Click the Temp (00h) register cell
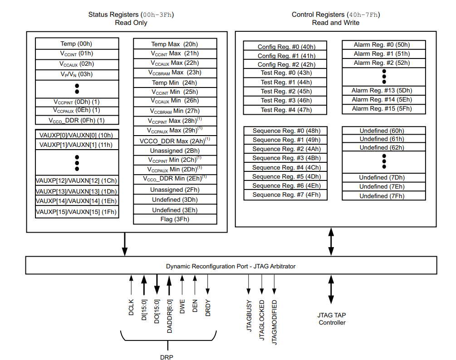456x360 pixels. click(x=77, y=44)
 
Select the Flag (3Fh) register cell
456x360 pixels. click(x=175, y=219)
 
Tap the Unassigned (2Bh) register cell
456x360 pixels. click(x=175, y=151)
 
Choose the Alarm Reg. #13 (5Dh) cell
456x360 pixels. click(x=383, y=90)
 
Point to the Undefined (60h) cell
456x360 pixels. click(x=383, y=131)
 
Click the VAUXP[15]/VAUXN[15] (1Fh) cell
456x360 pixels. click(x=77, y=212)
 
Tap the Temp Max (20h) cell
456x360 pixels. click(x=175, y=44)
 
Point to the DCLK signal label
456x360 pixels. click(x=131, y=308)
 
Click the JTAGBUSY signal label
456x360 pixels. click(x=249, y=316)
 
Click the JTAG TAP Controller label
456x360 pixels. click(x=332, y=319)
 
